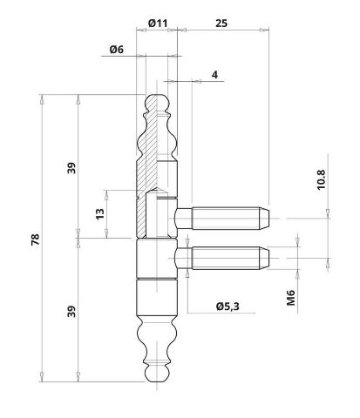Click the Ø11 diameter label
coord(158,24)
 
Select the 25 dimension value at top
coord(221,24)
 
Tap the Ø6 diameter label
coord(117,50)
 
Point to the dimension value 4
coord(214,75)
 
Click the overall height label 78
coord(35,239)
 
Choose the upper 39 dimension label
coord(71,168)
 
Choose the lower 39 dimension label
coord(71,311)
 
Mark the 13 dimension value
coord(99,214)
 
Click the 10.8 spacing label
coord(321,180)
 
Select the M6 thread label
coord(291,298)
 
